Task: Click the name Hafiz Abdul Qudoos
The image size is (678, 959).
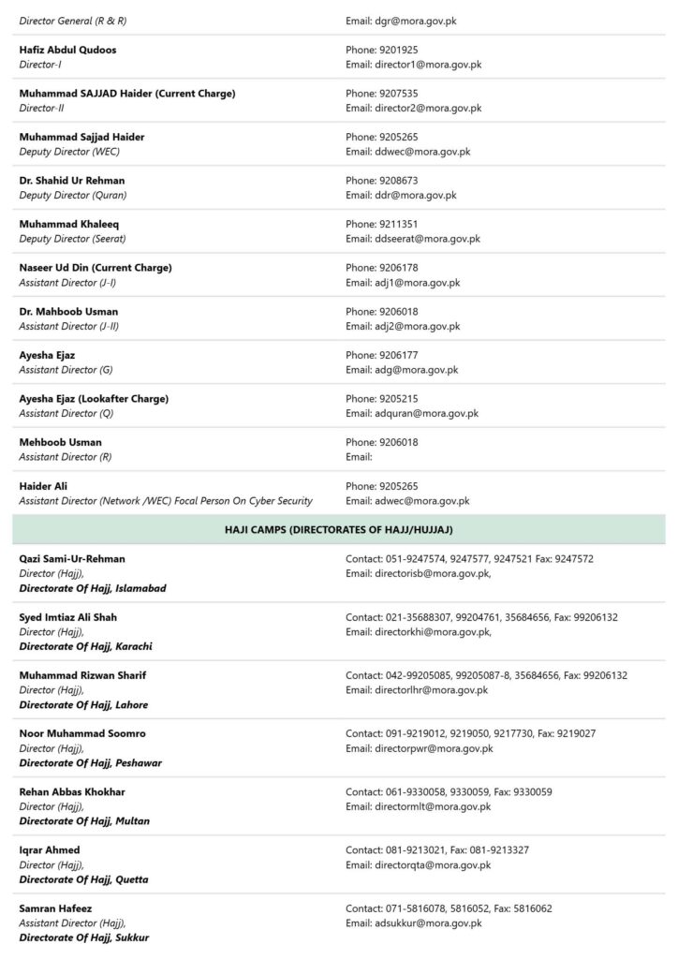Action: (x=67, y=50)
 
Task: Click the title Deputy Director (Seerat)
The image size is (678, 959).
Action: (x=72, y=239)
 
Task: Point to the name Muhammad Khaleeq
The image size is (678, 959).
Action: (x=69, y=224)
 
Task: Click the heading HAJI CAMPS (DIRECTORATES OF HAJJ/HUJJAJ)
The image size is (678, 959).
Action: (x=339, y=530)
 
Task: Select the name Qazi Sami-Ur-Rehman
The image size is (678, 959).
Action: (x=72, y=559)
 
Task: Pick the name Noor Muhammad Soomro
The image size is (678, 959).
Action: (x=82, y=733)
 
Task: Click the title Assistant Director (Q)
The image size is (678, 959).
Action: (x=66, y=413)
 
